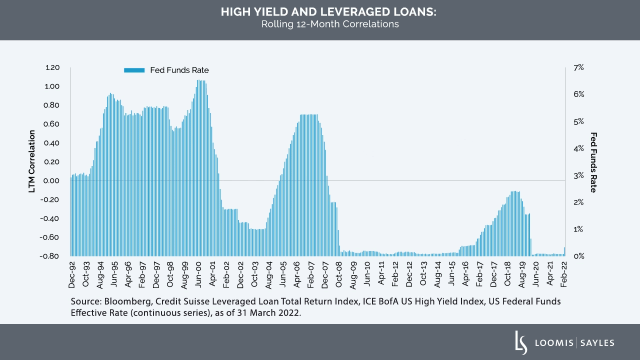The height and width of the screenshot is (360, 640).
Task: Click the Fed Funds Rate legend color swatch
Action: (134, 70)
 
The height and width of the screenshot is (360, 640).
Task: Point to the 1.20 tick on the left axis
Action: (52, 67)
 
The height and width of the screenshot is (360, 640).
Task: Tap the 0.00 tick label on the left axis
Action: (52, 180)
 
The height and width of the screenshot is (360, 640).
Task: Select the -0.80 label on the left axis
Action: (51, 256)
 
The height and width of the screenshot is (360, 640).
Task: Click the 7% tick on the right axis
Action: (578, 67)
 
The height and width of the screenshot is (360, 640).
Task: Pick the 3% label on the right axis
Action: (578, 175)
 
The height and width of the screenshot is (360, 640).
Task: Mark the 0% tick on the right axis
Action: (578, 256)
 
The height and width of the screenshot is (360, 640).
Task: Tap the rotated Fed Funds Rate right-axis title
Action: (594, 162)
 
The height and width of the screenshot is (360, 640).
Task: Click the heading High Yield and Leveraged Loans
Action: (328, 12)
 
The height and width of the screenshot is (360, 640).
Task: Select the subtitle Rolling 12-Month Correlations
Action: (329, 24)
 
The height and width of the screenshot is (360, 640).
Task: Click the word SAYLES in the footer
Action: (597, 343)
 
